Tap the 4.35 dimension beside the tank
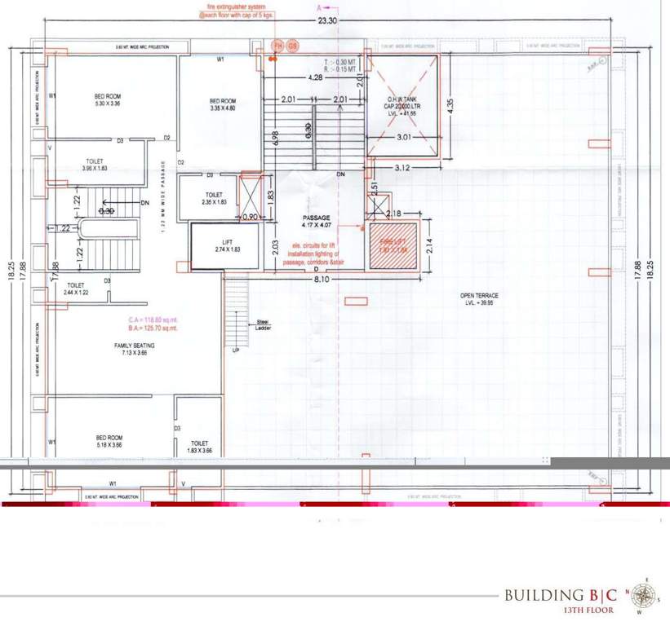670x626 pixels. click(x=450, y=104)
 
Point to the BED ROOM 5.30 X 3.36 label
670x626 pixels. click(x=107, y=100)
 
